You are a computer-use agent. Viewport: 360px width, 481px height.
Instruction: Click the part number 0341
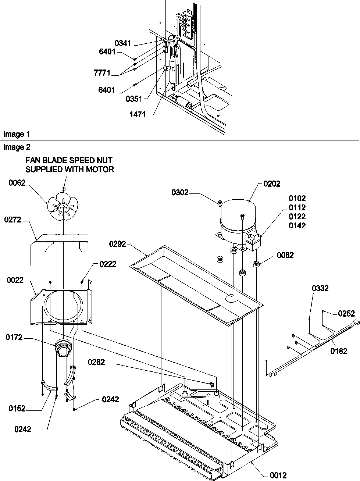click(122, 43)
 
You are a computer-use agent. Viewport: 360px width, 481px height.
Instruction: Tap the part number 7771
click(101, 73)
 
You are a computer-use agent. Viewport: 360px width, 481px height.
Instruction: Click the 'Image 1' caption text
click(16, 135)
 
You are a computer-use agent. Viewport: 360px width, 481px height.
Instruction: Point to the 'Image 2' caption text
click(16, 147)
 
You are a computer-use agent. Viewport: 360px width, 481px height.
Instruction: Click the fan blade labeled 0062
click(63, 208)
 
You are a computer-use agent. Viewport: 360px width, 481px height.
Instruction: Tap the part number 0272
click(13, 220)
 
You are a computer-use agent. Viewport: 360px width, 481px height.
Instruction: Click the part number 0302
click(180, 192)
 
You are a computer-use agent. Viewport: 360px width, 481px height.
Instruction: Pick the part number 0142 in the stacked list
click(297, 226)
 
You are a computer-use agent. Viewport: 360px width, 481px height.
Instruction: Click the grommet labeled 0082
click(255, 263)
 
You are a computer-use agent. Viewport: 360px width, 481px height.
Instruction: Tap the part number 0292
click(118, 244)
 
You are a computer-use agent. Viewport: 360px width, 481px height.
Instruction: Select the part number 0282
click(96, 363)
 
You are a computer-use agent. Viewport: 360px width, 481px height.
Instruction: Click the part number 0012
click(278, 475)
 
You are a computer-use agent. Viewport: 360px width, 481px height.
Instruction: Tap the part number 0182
click(339, 351)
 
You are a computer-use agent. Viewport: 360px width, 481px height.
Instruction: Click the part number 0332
click(321, 289)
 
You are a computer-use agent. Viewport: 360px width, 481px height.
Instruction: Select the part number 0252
click(346, 314)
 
